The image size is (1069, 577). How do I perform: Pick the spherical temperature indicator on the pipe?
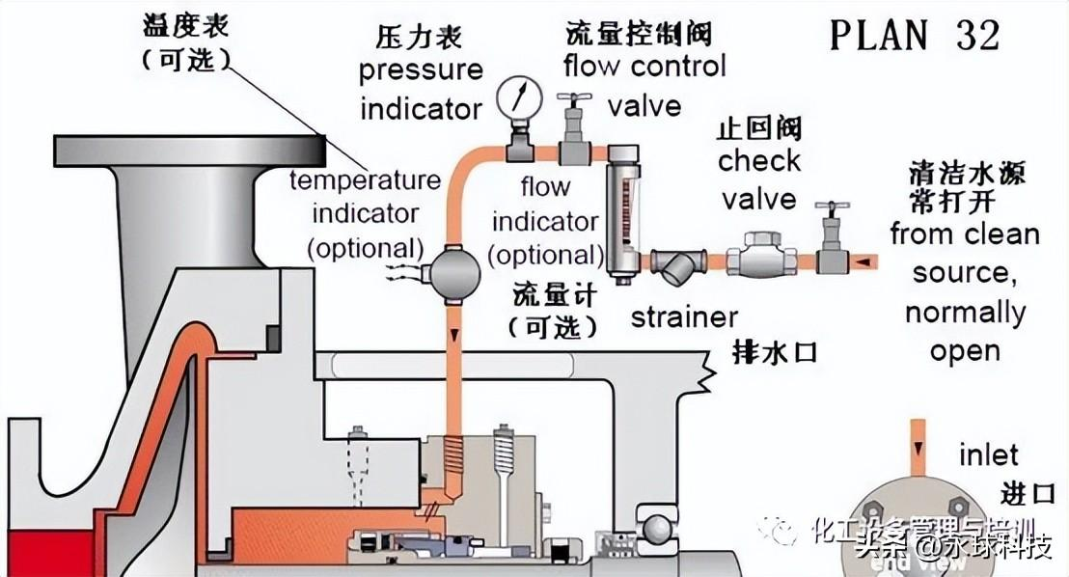(451, 271)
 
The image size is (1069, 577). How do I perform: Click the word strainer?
(684, 316)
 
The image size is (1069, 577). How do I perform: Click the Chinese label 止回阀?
(759, 127)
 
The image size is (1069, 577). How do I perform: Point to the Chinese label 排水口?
(776, 351)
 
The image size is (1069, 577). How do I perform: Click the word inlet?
(988, 454)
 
